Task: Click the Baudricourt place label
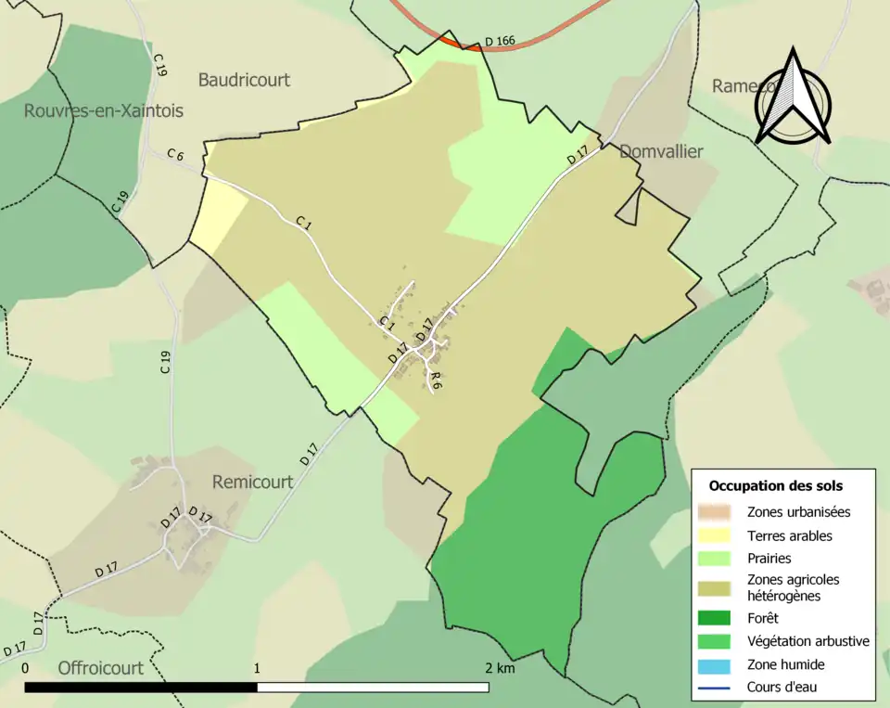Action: click(244, 80)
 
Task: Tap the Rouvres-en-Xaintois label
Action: click(104, 110)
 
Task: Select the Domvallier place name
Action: click(661, 151)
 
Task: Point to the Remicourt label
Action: click(252, 482)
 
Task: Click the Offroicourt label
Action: click(102, 667)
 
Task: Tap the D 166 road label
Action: click(500, 42)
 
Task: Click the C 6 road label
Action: click(176, 155)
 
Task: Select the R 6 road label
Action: click(436, 379)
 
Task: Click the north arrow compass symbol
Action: click(793, 97)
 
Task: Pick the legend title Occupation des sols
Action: click(775, 485)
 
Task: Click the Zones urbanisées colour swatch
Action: click(717, 511)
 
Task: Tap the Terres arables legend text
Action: click(789, 535)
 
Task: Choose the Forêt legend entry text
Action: click(762, 618)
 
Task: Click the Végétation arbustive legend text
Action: click(807, 641)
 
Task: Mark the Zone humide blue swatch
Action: click(717, 664)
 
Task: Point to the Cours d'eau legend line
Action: click(717, 688)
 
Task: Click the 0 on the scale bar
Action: click(24, 668)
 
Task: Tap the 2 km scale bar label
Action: click(499, 668)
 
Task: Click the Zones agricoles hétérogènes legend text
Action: click(793, 587)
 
